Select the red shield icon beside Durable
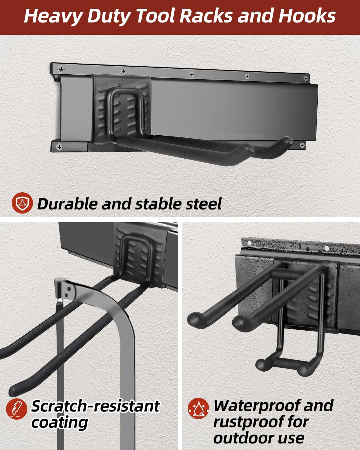(22, 203)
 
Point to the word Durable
(68, 204)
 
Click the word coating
(59, 422)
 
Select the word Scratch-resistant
(95, 406)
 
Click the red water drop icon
(199, 408)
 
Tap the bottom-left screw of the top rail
(59, 147)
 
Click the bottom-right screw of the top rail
(302, 145)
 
